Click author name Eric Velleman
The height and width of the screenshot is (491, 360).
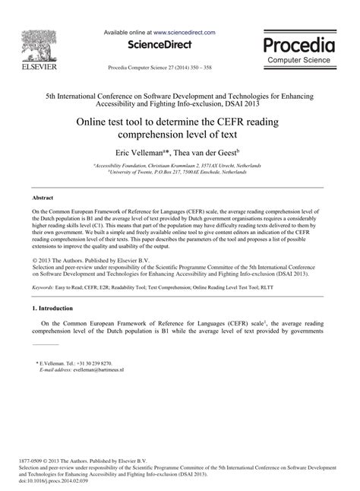tap(141, 154)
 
